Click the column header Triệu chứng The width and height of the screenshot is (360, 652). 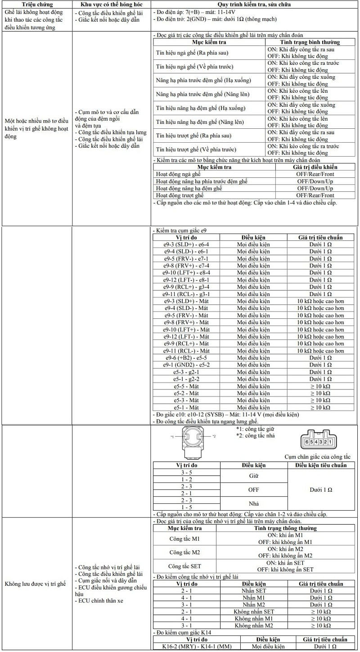pos(37,4)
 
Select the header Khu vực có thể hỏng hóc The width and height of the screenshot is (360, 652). pos(112,4)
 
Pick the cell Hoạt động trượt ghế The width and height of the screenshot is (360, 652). pos(180,195)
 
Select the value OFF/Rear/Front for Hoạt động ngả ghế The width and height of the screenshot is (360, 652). pos(315,174)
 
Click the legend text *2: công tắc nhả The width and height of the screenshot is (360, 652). pos(256,435)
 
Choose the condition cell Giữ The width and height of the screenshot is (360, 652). pos(254,475)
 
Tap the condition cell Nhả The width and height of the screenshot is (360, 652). pos(254,503)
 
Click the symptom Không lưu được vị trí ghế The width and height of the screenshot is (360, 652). pos(35,584)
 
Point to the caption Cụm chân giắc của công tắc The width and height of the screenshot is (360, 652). pos(317,457)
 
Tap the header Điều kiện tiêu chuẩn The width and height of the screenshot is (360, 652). pos(321,465)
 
